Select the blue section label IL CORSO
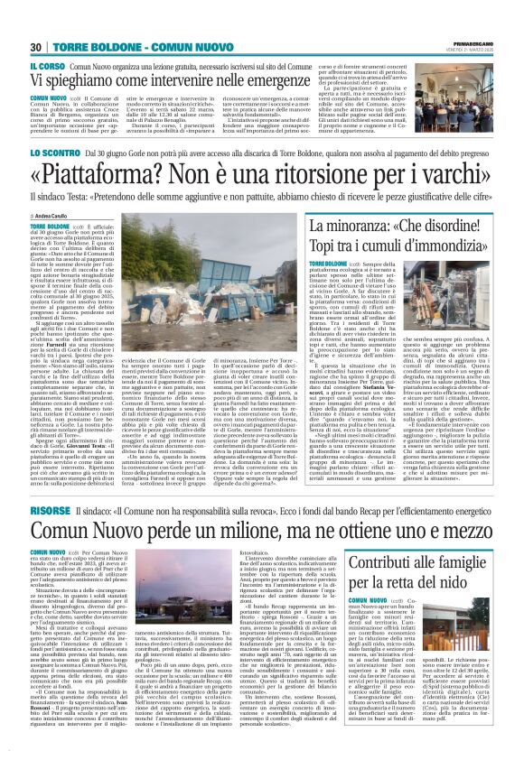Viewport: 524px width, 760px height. [x=47, y=68]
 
